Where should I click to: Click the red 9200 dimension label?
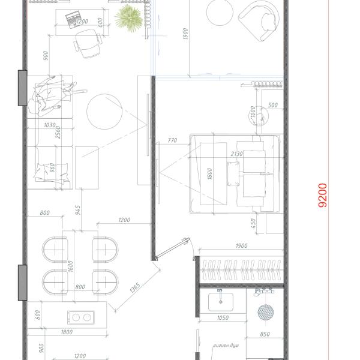point(323,196)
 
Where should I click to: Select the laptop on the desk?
point(73,19)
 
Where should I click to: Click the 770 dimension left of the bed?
point(173,140)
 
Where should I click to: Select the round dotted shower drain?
point(264,312)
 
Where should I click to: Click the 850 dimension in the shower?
point(265,335)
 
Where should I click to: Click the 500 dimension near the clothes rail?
point(273,106)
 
